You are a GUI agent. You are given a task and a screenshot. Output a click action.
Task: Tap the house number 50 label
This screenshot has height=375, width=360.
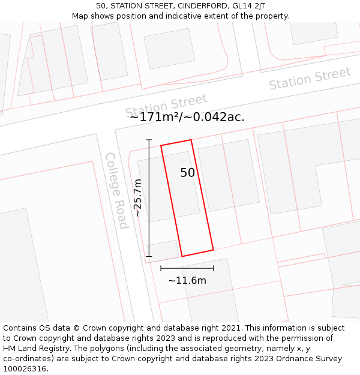tap(188, 173)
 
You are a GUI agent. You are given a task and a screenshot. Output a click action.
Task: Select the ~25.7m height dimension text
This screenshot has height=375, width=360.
tap(138, 197)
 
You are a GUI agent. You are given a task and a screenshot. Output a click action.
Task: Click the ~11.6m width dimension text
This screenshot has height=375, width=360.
tap(187, 281)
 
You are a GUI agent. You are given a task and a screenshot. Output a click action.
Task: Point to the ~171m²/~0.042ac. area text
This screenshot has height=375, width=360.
tap(187, 117)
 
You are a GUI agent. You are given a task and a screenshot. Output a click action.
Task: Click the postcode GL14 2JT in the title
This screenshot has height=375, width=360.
tap(248, 6)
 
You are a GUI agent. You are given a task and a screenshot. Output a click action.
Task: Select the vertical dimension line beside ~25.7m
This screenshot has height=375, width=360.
tap(149, 198)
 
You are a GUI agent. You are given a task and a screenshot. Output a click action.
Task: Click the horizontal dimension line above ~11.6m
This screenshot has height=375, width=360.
tap(187, 268)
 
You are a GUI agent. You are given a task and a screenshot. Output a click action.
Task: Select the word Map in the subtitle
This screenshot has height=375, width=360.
tap(80, 16)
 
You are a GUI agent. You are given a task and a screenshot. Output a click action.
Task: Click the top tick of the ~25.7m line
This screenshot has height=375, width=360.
tap(149, 140)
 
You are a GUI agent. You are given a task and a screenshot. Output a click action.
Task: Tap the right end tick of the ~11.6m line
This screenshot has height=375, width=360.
tap(213, 268)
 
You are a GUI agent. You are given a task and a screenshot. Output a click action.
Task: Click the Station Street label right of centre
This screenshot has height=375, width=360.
tap(310, 79)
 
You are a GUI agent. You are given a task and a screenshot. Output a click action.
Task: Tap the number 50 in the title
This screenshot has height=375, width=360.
tap(101, 6)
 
